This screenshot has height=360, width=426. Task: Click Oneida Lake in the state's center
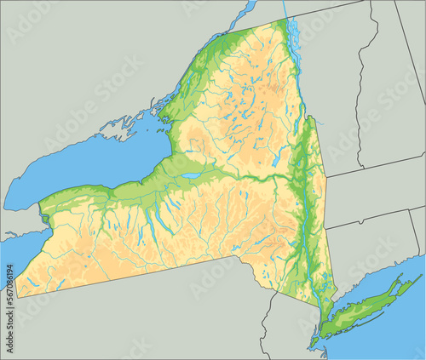193,175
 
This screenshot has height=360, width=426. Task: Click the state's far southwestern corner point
16,297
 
